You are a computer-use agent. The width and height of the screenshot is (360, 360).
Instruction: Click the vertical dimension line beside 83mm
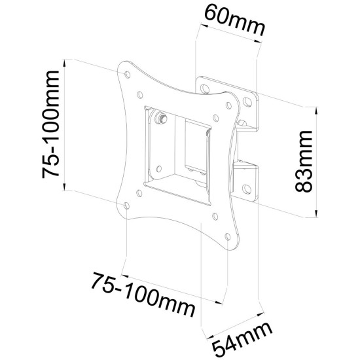tap(317, 160)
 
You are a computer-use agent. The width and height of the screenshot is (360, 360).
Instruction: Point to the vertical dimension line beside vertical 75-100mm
tap(65, 125)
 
